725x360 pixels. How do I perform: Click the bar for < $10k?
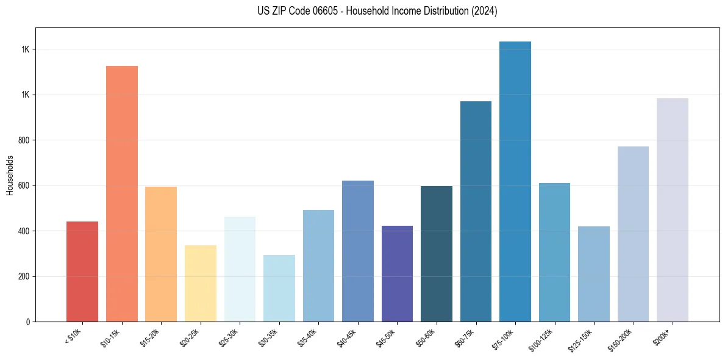[82, 272]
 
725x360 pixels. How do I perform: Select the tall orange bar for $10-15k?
[121, 193]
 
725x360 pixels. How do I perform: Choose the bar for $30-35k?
[279, 288]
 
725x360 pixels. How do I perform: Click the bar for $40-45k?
[357, 251]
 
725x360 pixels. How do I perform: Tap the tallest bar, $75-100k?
[515, 181]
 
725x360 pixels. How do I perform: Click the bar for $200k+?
[672, 210]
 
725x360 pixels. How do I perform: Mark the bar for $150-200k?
[633, 234]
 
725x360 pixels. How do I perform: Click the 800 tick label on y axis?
[24, 140]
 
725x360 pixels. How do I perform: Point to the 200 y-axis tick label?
[24, 277]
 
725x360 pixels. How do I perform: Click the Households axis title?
[10, 175]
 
